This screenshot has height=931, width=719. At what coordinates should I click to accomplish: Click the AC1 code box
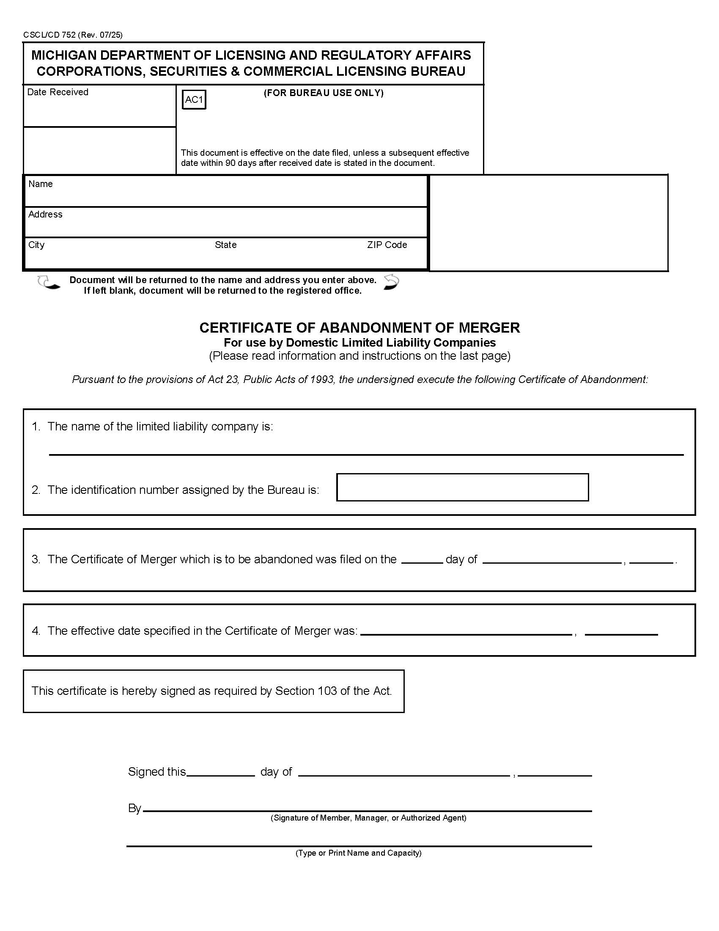click(x=194, y=100)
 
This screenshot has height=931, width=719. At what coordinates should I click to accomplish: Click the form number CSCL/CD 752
click(x=50, y=35)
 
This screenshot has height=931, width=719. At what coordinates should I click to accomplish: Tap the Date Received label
click(x=58, y=92)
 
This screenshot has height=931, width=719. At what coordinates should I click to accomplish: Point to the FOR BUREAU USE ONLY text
click(x=323, y=93)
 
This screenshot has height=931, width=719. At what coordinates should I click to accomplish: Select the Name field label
click(x=41, y=184)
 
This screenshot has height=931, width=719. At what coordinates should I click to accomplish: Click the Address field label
click(x=45, y=215)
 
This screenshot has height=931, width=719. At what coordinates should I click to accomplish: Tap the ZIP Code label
click(x=387, y=245)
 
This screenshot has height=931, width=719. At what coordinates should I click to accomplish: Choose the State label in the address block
click(x=225, y=245)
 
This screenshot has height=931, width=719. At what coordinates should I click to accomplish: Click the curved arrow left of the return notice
click(x=48, y=283)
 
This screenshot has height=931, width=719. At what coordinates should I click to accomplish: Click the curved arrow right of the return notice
click(x=391, y=282)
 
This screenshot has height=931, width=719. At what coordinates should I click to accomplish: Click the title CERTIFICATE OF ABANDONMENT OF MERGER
click(x=359, y=328)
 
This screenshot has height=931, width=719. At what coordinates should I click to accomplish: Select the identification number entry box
click(x=462, y=487)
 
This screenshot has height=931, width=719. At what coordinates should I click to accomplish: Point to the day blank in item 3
click(x=422, y=560)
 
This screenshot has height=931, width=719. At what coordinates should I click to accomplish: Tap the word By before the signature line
click(x=134, y=808)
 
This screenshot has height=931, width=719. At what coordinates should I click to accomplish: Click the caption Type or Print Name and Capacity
click(x=358, y=853)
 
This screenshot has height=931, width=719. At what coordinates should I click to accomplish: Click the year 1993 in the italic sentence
click(x=322, y=380)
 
